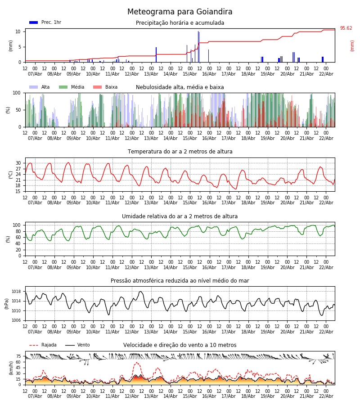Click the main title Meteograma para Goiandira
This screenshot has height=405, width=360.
(180, 12)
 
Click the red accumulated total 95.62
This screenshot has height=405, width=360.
(346, 28)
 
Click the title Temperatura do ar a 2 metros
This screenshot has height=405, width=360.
(180, 152)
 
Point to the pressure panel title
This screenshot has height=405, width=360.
(180, 281)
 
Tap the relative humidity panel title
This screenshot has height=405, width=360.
(180, 216)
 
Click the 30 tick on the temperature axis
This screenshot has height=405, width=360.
(18, 163)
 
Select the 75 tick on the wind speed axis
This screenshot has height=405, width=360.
(18, 356)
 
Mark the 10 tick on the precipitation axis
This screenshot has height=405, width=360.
(18, 31)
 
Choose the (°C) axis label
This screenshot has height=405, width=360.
(10, 174)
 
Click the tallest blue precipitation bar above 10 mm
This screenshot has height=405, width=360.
(198, 45)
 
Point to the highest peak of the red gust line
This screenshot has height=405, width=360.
(137, 363)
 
